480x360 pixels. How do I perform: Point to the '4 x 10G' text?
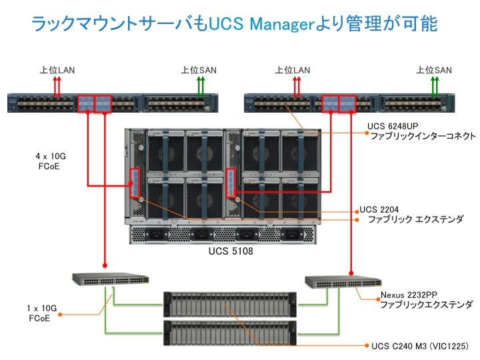click(x=51, y=156)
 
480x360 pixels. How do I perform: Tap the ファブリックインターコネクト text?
click(x=422, y=136)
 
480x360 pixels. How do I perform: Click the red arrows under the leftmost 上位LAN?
click(x=59, y=85)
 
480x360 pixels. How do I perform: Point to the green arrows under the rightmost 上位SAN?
click(x=435, y=85)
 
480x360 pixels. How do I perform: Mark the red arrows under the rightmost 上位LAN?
click(x=294, y=85)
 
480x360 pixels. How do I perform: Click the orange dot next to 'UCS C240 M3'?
click(x=365, y=346)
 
